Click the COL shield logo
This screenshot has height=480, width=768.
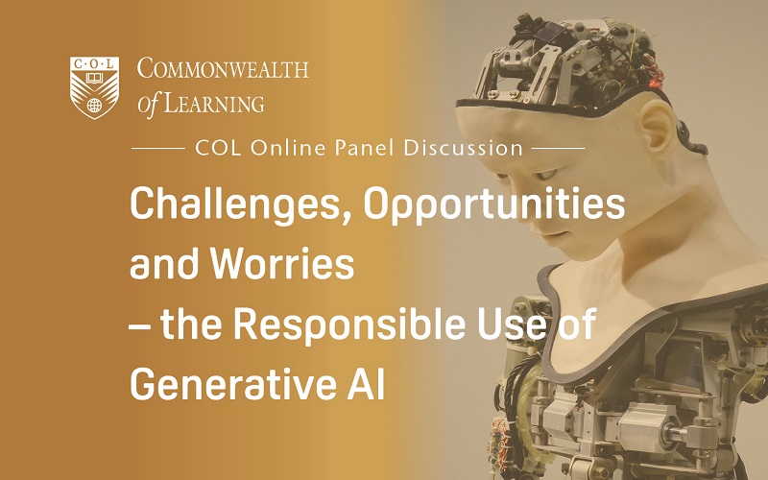click(x=94, y=87)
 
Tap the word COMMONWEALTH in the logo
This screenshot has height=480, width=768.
click(x=223, y=68)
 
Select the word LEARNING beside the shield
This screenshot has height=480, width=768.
click(x=213, y=103)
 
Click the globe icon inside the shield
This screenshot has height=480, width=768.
click(x=94, y=105)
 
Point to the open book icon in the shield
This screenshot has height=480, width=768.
click(x=94, y=78)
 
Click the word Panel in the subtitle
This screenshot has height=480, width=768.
click(x=365, y=148)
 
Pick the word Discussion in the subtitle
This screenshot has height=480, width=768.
click(x=464, y=148)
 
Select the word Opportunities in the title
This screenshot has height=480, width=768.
click(x=494, y=204)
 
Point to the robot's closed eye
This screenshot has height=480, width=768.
click(x=544, y=175)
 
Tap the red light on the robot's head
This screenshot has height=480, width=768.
click(x=652, y=84)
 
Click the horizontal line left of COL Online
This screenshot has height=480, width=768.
click(x=157, y=148)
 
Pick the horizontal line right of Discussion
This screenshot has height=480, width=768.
click(x=559, y=148)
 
